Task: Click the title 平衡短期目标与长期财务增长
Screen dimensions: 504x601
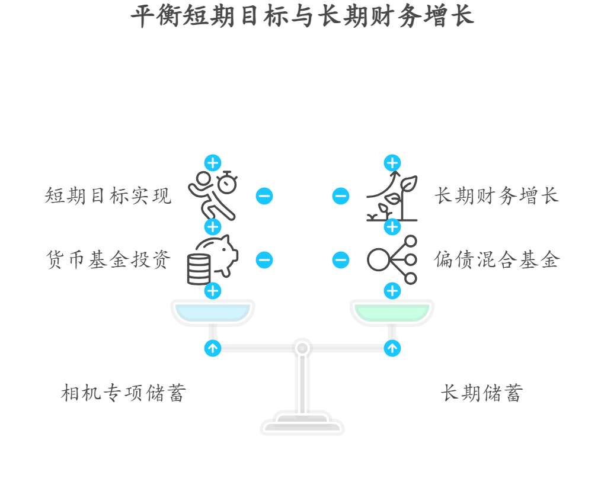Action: [302, 16]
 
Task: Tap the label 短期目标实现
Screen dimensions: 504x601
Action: [108, 195]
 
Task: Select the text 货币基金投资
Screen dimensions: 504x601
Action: [108, 259]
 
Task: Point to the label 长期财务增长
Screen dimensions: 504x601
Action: [497, 195]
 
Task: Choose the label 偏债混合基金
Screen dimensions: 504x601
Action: [497, 259]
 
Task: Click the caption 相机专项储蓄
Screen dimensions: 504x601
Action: [124, 393]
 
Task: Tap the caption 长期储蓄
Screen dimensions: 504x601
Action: [482, 393]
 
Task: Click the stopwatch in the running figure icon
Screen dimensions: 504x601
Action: [228, 182]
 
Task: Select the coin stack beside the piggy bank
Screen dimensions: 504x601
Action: [199, 269]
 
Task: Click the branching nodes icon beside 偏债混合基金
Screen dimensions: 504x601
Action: [392, 259]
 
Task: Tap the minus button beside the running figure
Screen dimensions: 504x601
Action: [264, 196]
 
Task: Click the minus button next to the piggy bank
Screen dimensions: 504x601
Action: [264, 260]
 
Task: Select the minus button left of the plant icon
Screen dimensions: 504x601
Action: [341, 196]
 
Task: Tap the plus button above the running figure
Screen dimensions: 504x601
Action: [212, 163]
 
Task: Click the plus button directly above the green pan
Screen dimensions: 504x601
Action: [392, 291]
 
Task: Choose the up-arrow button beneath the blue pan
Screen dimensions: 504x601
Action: [212, 348]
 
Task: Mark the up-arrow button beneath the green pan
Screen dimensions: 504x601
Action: [392, 348]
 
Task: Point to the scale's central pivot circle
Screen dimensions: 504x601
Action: [302, 348]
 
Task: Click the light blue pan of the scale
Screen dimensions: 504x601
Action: [212, 312]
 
